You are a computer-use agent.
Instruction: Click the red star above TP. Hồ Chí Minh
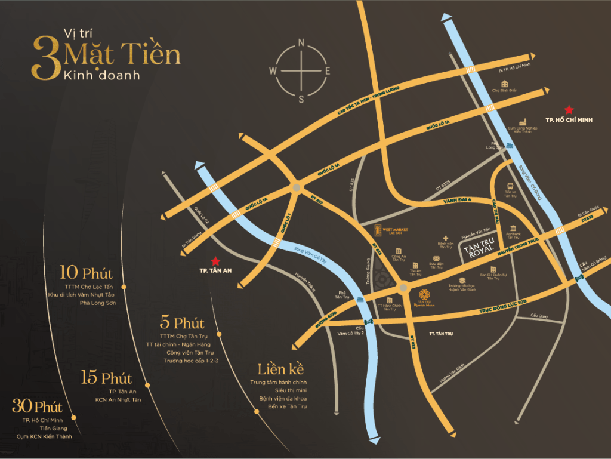point(569,109)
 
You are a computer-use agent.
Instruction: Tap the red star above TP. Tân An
point(215,261)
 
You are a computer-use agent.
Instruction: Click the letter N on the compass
point(301,42)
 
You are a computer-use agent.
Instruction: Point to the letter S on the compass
point(301,99)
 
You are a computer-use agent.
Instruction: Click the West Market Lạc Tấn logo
point(378,230)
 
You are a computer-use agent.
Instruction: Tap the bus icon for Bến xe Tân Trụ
point(510,186)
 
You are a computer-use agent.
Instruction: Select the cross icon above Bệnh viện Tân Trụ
point(445,238)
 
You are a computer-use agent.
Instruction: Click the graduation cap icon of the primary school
point(462,280)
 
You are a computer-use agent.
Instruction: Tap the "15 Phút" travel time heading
point(107,378)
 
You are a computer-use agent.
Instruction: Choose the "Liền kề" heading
point(278,368)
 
